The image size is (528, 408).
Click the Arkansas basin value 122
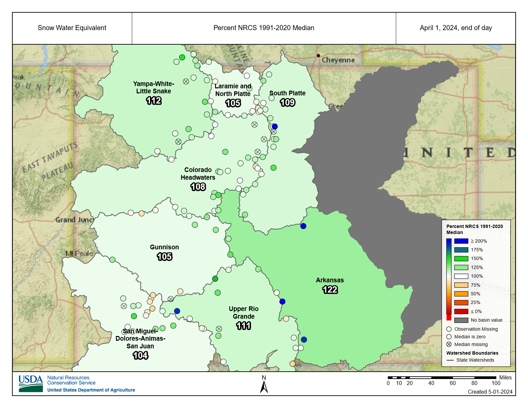point(330,290)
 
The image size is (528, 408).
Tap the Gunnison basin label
point(164,247)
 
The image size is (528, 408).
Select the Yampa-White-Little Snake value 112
point(154,101)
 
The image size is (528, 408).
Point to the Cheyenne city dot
point(318,56)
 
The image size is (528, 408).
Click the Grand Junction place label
point(74,220)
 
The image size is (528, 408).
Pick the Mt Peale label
point(79,253)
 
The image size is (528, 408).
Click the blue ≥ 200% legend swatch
point(461,241)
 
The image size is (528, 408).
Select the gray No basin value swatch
point(461,320)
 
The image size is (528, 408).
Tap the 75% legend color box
point(461,285)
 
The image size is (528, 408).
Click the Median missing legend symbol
point(449,344)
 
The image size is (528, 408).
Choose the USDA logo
point(31,383)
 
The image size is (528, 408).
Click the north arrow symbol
point(264,387)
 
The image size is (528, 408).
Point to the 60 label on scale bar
point(453,383)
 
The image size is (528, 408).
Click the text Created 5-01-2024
point(490,392)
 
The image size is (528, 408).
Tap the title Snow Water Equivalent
point(72,28)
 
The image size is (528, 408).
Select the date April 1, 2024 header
point(456,28)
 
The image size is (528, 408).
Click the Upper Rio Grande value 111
point(244,326)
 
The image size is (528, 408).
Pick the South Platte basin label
point(287,93)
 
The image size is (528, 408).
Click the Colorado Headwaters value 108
point(198,187)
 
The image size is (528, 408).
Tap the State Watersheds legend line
point(450,360)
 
